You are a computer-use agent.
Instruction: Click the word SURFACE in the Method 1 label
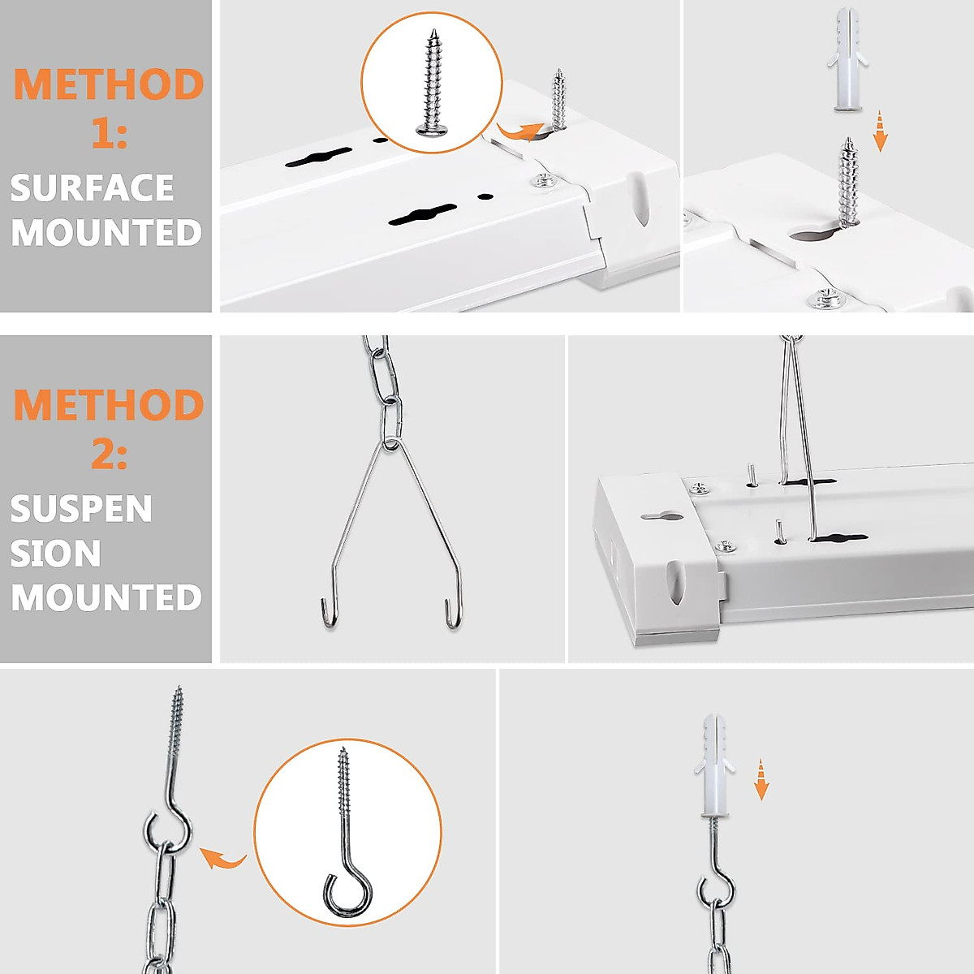[92, 188]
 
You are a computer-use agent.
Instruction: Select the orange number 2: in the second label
[109, 453]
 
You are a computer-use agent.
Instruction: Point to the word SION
[55, 554]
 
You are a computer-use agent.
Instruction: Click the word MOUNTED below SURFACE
[106, 234]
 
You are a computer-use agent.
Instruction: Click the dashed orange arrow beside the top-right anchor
[880, 131]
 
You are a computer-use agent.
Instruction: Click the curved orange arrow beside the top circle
[519, 130]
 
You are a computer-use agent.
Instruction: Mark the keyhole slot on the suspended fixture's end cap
[664, 515]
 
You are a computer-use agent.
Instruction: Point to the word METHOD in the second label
[109, 405]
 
